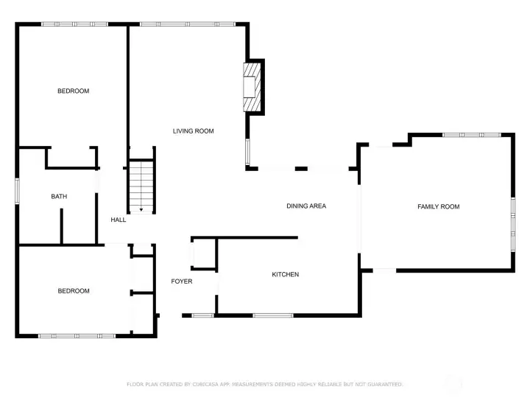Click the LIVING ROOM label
pos(194,131)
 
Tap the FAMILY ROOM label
pos(439,206)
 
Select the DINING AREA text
pos(306,206)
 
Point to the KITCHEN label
pos(286,274)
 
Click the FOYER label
pos(182,282)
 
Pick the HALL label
pos(119,220)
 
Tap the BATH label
pos(59,196)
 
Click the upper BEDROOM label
pos(74,91)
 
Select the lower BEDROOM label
pos(74,290)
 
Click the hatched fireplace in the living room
pos(252,87)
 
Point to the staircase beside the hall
pos(141,186)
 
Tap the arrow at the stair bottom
pos(141,210)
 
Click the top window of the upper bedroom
pos(74,24)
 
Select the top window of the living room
pos(188,24)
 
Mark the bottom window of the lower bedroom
pos(77,336)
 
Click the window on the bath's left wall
pos(17,191)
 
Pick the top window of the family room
pos(472,135)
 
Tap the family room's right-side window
pos(513,224)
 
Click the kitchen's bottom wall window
pos(273,315)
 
